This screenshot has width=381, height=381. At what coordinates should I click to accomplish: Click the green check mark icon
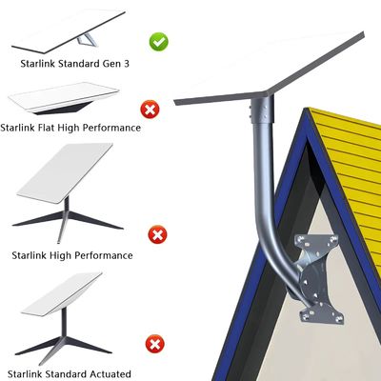point(160,42)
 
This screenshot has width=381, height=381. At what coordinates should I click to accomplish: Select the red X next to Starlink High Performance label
point(156,234)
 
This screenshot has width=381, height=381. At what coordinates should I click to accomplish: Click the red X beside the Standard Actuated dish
point(152,344)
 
